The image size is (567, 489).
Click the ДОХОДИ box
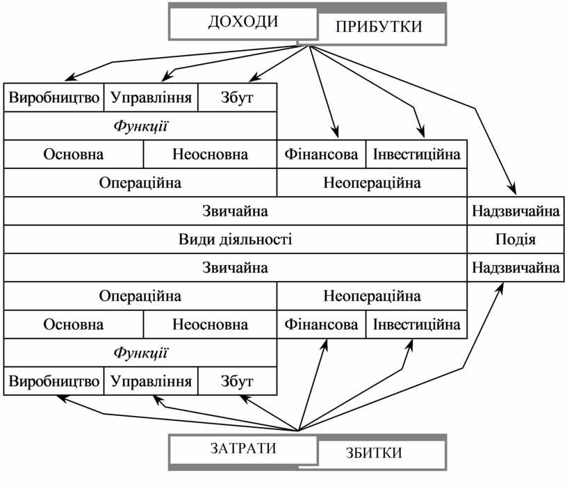coord(243,22)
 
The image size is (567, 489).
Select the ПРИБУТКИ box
coord(379,27)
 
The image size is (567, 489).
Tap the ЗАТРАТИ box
coord(243,449)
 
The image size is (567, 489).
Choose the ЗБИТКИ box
coord(380,454)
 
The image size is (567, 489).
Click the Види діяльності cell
coord(235,239)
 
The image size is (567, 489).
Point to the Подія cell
coord(515,239)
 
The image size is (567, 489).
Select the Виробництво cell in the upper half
coord(54,97)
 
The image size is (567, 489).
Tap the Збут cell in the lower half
coord(238,381)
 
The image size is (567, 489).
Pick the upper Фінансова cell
coord(321,154)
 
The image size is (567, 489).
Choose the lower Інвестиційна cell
coord(416,324)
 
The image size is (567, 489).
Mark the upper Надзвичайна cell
coord(515,210)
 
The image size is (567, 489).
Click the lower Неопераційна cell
coord(372,296)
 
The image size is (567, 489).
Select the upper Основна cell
coord(74,154)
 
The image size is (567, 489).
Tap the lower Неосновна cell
coord(210,324)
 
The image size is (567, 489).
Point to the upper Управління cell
coord(151,97)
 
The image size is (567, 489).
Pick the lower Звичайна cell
coord(235,267)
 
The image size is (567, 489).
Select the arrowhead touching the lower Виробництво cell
coord(62,397)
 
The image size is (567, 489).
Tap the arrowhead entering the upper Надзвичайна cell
coord(513,191)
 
